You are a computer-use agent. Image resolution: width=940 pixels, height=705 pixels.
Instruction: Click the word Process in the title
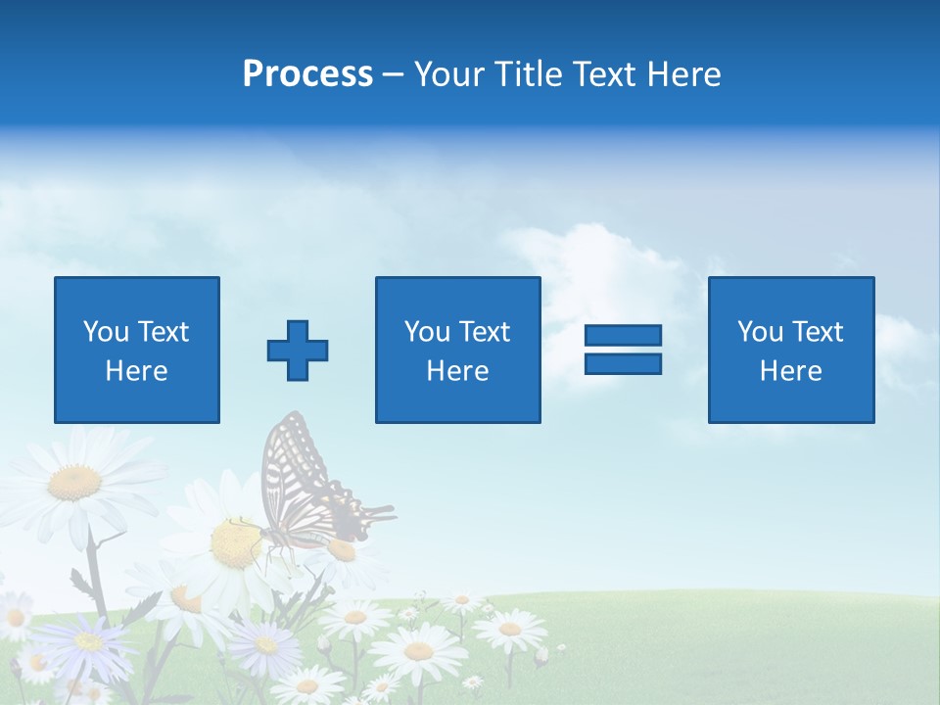tap(307, 74)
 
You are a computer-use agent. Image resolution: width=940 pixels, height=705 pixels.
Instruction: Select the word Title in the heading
tap(529, 74)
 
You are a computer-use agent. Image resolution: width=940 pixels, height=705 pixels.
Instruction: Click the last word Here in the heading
tap(685, 74)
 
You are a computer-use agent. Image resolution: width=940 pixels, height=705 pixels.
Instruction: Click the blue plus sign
tap(298, 351)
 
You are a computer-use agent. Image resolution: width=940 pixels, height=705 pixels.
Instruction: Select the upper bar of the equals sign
tap(623, 335)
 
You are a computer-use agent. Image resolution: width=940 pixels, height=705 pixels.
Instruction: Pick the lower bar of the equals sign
tap(623, 363)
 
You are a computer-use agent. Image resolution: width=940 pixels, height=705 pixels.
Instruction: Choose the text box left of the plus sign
tap(137, 350)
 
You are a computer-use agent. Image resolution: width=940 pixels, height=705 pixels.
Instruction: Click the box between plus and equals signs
tap(457, 350)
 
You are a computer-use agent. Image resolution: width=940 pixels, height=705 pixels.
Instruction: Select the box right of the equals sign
tap(791, 350)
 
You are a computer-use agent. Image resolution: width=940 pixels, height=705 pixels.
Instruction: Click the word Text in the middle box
tap(485, 332)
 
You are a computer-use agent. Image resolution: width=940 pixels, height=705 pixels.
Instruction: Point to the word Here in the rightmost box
tap(791, 371)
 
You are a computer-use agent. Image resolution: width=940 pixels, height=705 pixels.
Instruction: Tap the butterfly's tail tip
tap(388, 510)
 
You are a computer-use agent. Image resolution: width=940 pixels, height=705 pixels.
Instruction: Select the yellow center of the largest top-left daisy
tap(75, 482)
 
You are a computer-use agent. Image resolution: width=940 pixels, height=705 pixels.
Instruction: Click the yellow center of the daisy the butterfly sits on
tap(235, 543)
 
